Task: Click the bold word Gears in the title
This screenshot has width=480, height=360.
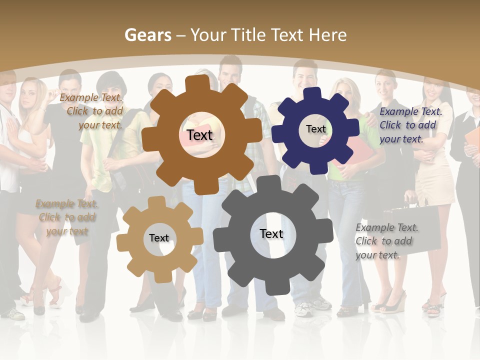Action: coord(148,35)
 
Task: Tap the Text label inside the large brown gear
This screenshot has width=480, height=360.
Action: coord(199,135)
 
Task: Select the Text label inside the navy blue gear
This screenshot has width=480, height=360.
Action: coord(315,129)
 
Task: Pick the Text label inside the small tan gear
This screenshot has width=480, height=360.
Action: coord(159,238)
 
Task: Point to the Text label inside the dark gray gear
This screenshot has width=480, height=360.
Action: coord(271,233)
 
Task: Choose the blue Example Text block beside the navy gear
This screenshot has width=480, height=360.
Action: coord(410,125)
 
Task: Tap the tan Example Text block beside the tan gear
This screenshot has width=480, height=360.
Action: coord(67,217)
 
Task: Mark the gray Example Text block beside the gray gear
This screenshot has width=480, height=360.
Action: coord(386,241)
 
